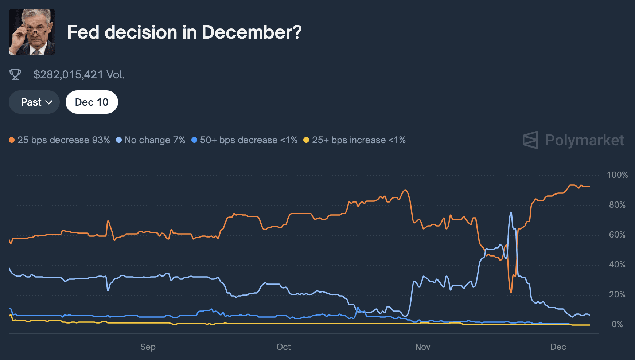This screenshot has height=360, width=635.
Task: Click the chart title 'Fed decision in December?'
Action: [x=184, y=32]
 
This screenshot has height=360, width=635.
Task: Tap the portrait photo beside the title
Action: [x=32, y=32]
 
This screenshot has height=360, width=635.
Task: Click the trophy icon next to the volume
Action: [x=15, y=74]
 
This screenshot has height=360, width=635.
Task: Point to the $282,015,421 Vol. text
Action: [x=79, y=75]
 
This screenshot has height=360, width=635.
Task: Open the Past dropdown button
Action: [x=34, y=102]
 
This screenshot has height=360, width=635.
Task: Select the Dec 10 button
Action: [x=91, y=102]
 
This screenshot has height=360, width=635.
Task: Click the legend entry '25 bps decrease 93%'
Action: [x=59, y=140]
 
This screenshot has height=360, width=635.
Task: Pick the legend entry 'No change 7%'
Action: [x=151, y=140]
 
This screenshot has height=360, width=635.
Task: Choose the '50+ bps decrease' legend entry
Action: [x=244, y=140]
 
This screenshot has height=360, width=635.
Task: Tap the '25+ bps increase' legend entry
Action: [x=354, y=140]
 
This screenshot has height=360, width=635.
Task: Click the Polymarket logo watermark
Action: [x=573, y=140]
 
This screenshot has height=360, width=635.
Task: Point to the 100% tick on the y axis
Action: [x=617, y=175]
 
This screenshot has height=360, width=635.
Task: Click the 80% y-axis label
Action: [x=617, y=205]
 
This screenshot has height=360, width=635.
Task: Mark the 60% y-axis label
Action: [x=617, y=235]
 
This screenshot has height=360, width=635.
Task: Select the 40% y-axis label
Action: [x=617, y=265]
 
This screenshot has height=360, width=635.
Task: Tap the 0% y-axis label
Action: [x=617, y=324]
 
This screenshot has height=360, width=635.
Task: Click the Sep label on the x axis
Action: [x=148, y=347]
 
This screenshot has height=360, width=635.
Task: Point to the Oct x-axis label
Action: [x=283, y=347]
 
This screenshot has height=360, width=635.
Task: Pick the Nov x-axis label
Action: [x=422, y=347]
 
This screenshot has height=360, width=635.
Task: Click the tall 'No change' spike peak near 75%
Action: [x=511, y=212]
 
